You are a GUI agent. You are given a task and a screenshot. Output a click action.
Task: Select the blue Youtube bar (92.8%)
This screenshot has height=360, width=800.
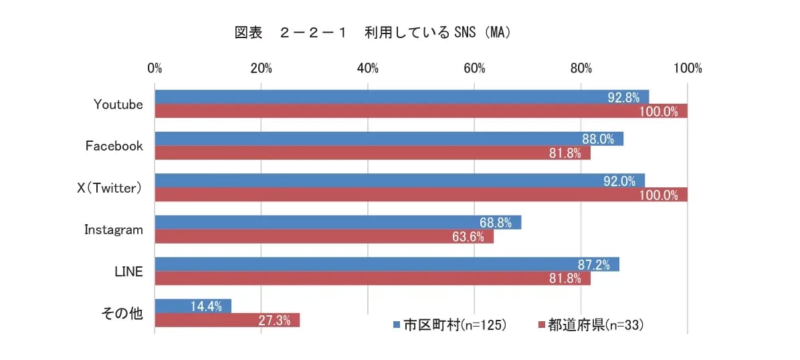click(x=401, y=97)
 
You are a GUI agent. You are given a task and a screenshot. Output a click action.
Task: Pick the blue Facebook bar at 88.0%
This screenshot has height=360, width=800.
click(x=388, y=139)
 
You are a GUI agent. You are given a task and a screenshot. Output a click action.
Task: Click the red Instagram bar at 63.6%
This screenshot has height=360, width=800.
click(x=324, y=236)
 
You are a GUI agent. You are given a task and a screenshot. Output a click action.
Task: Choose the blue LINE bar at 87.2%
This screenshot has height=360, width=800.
click(x=387, y=264)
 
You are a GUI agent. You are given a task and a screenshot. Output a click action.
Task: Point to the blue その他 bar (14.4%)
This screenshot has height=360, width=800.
click(x=193, y=306)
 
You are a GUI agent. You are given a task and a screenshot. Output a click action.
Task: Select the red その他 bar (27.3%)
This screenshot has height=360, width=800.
click(x=227, y=320)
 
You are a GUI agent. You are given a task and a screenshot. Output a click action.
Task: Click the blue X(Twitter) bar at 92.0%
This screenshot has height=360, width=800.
click(x=399, y=181)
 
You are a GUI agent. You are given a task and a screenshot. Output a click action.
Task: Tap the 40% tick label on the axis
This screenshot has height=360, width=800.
click(x=368, y=68)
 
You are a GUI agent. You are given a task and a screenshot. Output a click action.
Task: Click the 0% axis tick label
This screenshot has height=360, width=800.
click(x=155, y=68)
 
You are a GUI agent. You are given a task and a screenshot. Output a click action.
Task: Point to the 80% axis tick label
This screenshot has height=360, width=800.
click(x=581, y=68)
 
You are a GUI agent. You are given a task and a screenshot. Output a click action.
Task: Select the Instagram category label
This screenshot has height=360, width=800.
click(x=114, y=230)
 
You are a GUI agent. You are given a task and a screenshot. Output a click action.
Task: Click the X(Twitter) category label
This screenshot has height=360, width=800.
click(x=110, y=188)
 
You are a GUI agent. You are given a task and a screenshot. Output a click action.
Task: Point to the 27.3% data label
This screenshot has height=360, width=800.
click(x=274, y=321)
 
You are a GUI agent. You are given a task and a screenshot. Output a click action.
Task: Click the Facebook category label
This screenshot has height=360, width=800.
click(x=114, y=146)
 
